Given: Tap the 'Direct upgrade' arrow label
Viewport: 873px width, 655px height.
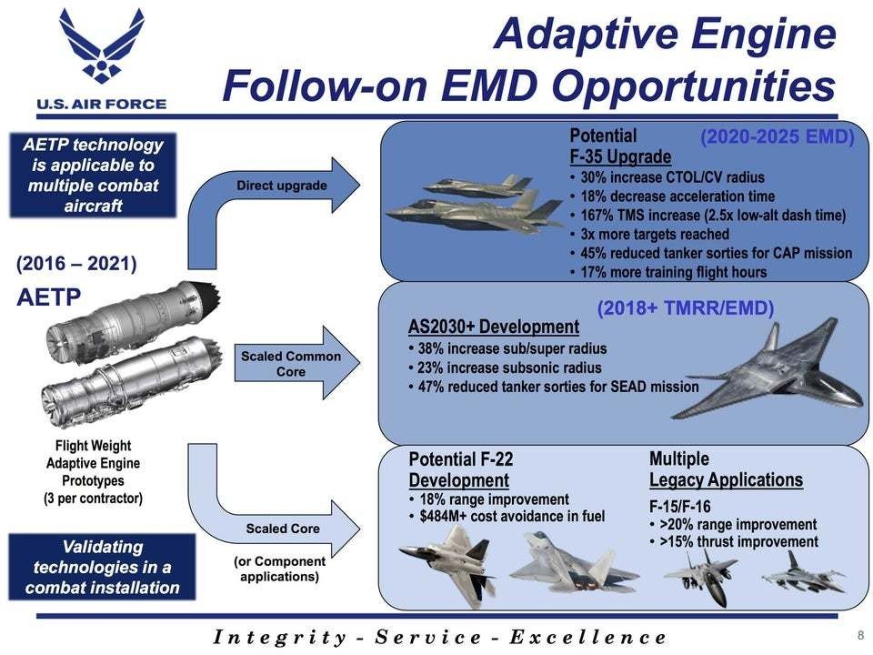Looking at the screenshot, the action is [x=282, y=186].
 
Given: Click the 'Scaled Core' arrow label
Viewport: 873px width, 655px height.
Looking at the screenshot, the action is [x=283, y=529].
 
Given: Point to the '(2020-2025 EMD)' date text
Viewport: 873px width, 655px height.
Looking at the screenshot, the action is [x=778, y=136].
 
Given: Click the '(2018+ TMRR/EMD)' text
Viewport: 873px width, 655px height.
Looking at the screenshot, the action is [x=686, y=308].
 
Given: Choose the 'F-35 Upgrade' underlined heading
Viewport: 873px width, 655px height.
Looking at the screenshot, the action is [x=620, y=156].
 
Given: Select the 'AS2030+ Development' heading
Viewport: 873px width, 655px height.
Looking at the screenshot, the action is [x=494, y=327].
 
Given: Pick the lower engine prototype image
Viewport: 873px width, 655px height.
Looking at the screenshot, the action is [x=133, y=381].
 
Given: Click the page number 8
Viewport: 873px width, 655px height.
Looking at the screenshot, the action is [x=861, y=635].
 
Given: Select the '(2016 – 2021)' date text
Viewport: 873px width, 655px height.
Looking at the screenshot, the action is [x=76, y=264].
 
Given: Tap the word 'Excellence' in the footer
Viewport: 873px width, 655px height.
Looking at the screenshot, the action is [x=588, y=637].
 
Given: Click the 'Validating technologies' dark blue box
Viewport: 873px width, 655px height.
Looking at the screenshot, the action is [x=102, y=567].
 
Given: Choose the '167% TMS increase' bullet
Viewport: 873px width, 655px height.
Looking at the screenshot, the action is [x=713, y=215].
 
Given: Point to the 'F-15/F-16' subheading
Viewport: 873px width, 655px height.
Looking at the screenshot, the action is [x=680, y=507].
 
